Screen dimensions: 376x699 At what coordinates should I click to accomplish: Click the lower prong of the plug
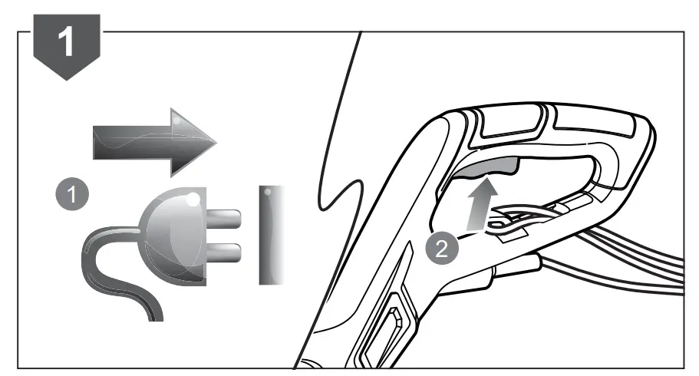228,251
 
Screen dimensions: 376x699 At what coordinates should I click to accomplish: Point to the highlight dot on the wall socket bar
271,193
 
